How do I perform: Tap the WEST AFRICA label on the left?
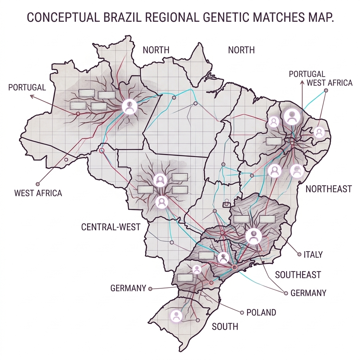[38, 193]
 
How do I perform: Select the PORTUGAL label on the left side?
[27, 87]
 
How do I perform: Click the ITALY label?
[313, 254]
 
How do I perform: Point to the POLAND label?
[261, 312]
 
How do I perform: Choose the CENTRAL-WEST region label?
[111, 227]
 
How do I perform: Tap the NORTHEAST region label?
[328, 189]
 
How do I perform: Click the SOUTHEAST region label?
[298, 275]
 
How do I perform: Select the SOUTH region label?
[225, 327]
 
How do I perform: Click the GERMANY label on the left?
[128, 288]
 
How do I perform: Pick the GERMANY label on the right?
[308, 292]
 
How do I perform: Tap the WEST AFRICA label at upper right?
[329, 83]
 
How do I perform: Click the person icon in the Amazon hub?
[129, 106]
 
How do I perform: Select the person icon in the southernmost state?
[176, 315]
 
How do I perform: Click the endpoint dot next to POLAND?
[242, 312]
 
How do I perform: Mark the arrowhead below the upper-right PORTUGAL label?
[302, 82]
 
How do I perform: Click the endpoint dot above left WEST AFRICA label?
[38, 184]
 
